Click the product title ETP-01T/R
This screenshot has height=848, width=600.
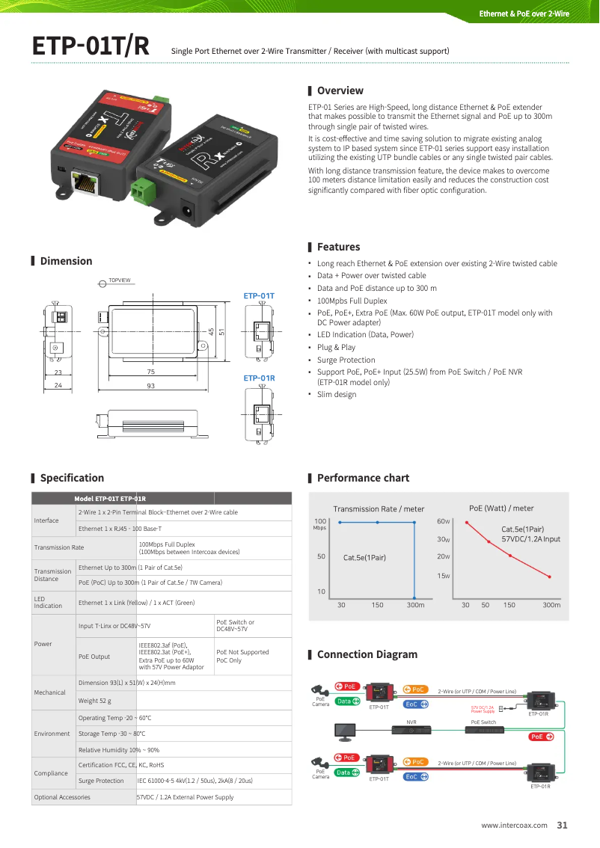pyautogui.click(x=91, y=46)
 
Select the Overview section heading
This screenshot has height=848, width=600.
pyautogui.click(x=340, y=90)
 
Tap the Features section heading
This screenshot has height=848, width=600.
pyautogui.click(x=338, y=247)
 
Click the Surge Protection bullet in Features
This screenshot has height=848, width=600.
pyautogui.click(x=346, y=360)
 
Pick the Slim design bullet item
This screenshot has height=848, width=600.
pyautogui.click(x=337, y=394)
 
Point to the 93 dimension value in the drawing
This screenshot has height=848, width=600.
pyautogui.click(x=150, y=386)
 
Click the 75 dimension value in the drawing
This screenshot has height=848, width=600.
pyautogui.click(x=150, y=372)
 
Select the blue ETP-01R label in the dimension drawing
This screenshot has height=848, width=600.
pyautogui.click(x=259, y=378)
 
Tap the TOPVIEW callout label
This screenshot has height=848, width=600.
pyautogui.click(x=120, y=280)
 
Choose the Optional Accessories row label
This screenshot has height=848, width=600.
pyautogui.click(x=62, y=797)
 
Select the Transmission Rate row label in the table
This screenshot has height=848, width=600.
pyautogui.click(x=59, y=547)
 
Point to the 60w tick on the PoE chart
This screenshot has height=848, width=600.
pyautogui.click(x=443, y=521)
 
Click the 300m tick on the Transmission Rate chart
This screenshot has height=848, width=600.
pyautogui.click(x=415, y=605)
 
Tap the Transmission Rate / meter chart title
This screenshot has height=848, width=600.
pyautogui.click(x=379, y=509)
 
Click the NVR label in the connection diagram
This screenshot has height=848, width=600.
pyautogui.click(x=411, y=722)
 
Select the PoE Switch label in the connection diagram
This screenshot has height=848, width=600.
pyautogui.click(x=483, y=722)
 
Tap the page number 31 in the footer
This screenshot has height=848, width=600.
pyautogui.click(x=562, y=826)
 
